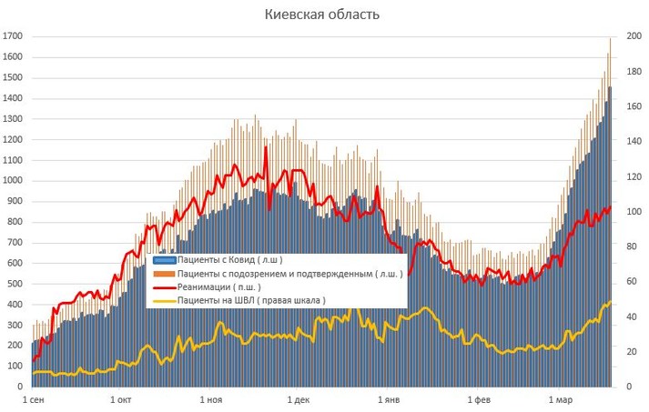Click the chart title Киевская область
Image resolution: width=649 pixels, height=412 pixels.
tap(322, 15)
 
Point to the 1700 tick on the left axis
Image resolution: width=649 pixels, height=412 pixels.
tap(12, 36)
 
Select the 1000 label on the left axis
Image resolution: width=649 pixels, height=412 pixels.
tap(12, 180)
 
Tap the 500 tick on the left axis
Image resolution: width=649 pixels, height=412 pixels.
tap(12, 284)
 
